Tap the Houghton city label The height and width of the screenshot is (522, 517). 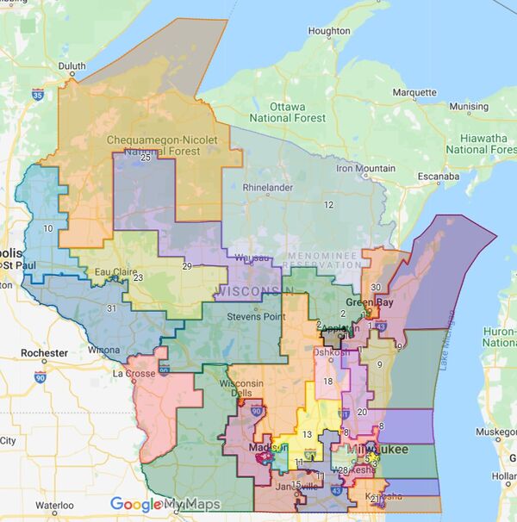pos(329,31)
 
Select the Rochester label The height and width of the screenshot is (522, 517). pos(44,353)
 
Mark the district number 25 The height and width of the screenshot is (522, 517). pos(145,157)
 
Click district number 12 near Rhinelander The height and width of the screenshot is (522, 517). pos(328,204)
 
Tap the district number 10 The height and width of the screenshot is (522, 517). pos(48,228)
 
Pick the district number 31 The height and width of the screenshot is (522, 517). pos(110,309)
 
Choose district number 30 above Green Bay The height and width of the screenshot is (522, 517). pos(375,287)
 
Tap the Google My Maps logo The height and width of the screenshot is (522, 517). pos(165,505)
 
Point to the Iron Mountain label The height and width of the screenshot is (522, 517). pos(365,168)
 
